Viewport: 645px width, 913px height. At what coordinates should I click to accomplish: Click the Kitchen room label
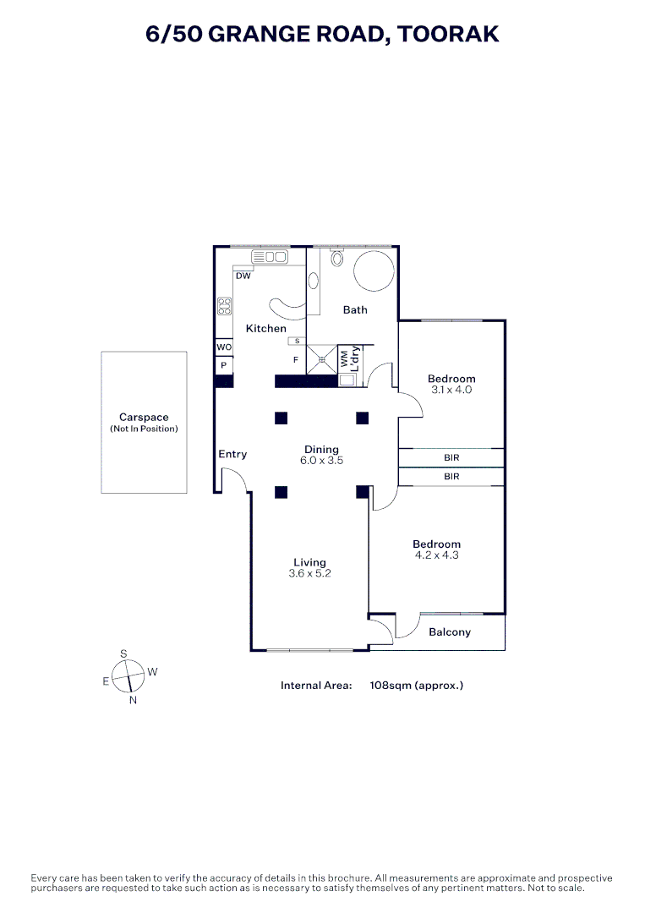[x=265, y=328]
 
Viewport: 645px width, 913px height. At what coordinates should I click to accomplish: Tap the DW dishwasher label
[x=243, y=276]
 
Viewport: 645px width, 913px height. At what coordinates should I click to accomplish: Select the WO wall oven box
[x=224, y=347]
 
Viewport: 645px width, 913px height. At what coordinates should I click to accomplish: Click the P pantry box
[x=224, y=365]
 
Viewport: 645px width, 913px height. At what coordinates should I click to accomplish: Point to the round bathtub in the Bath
[x=373, y=271]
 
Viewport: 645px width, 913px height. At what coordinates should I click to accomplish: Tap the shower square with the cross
[x=321, y=358]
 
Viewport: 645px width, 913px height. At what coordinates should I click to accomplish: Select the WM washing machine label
[x=344, y=358]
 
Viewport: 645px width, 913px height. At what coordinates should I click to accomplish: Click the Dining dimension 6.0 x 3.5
[x=321, y=462]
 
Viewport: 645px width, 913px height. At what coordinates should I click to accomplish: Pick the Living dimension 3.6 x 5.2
[x=309, y=574]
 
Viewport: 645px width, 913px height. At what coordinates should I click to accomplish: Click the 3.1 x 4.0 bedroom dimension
[x=451, y=390]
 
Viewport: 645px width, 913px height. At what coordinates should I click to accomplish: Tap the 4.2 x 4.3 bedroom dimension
[x=437, y=555]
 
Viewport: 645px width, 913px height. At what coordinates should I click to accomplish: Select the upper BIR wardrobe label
[x=451, y=457]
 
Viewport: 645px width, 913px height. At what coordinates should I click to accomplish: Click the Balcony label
[x=450, y=631]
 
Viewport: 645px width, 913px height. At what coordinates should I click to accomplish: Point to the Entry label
[x=232, y=454]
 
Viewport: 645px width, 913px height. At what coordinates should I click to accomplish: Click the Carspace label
[x=144, y=418]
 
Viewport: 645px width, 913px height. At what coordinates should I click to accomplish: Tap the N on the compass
[x=133, y=700]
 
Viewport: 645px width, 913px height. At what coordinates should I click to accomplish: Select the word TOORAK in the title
[x=448, y=34]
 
